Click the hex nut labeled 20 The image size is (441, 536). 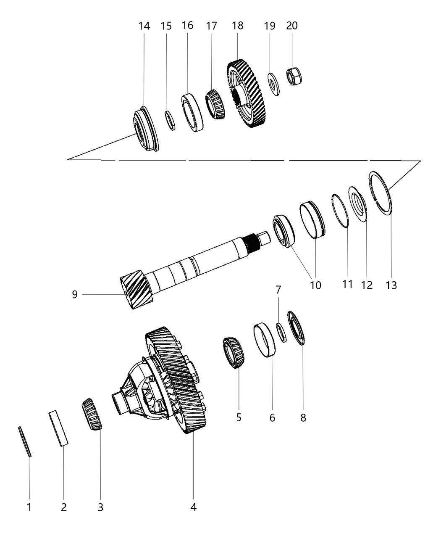[x=294, y=76]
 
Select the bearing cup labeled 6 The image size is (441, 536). [x=265, y=340]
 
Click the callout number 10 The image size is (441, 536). [x=315, y=285]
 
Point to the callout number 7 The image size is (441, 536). [x=278, y=290]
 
